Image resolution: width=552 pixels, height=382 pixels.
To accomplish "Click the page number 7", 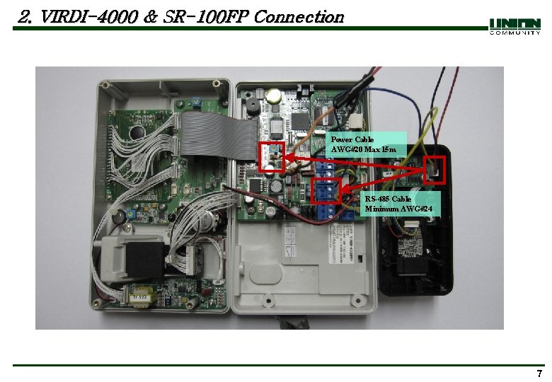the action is tap(539, 374).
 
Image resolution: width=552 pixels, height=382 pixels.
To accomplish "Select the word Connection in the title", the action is tap(298, 16).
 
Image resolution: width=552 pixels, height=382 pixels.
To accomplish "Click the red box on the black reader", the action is tap(435, 170).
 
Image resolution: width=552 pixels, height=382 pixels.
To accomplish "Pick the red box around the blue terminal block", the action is tap(326, 192).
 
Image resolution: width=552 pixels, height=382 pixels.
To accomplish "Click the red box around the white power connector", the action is tap(272, 156).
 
